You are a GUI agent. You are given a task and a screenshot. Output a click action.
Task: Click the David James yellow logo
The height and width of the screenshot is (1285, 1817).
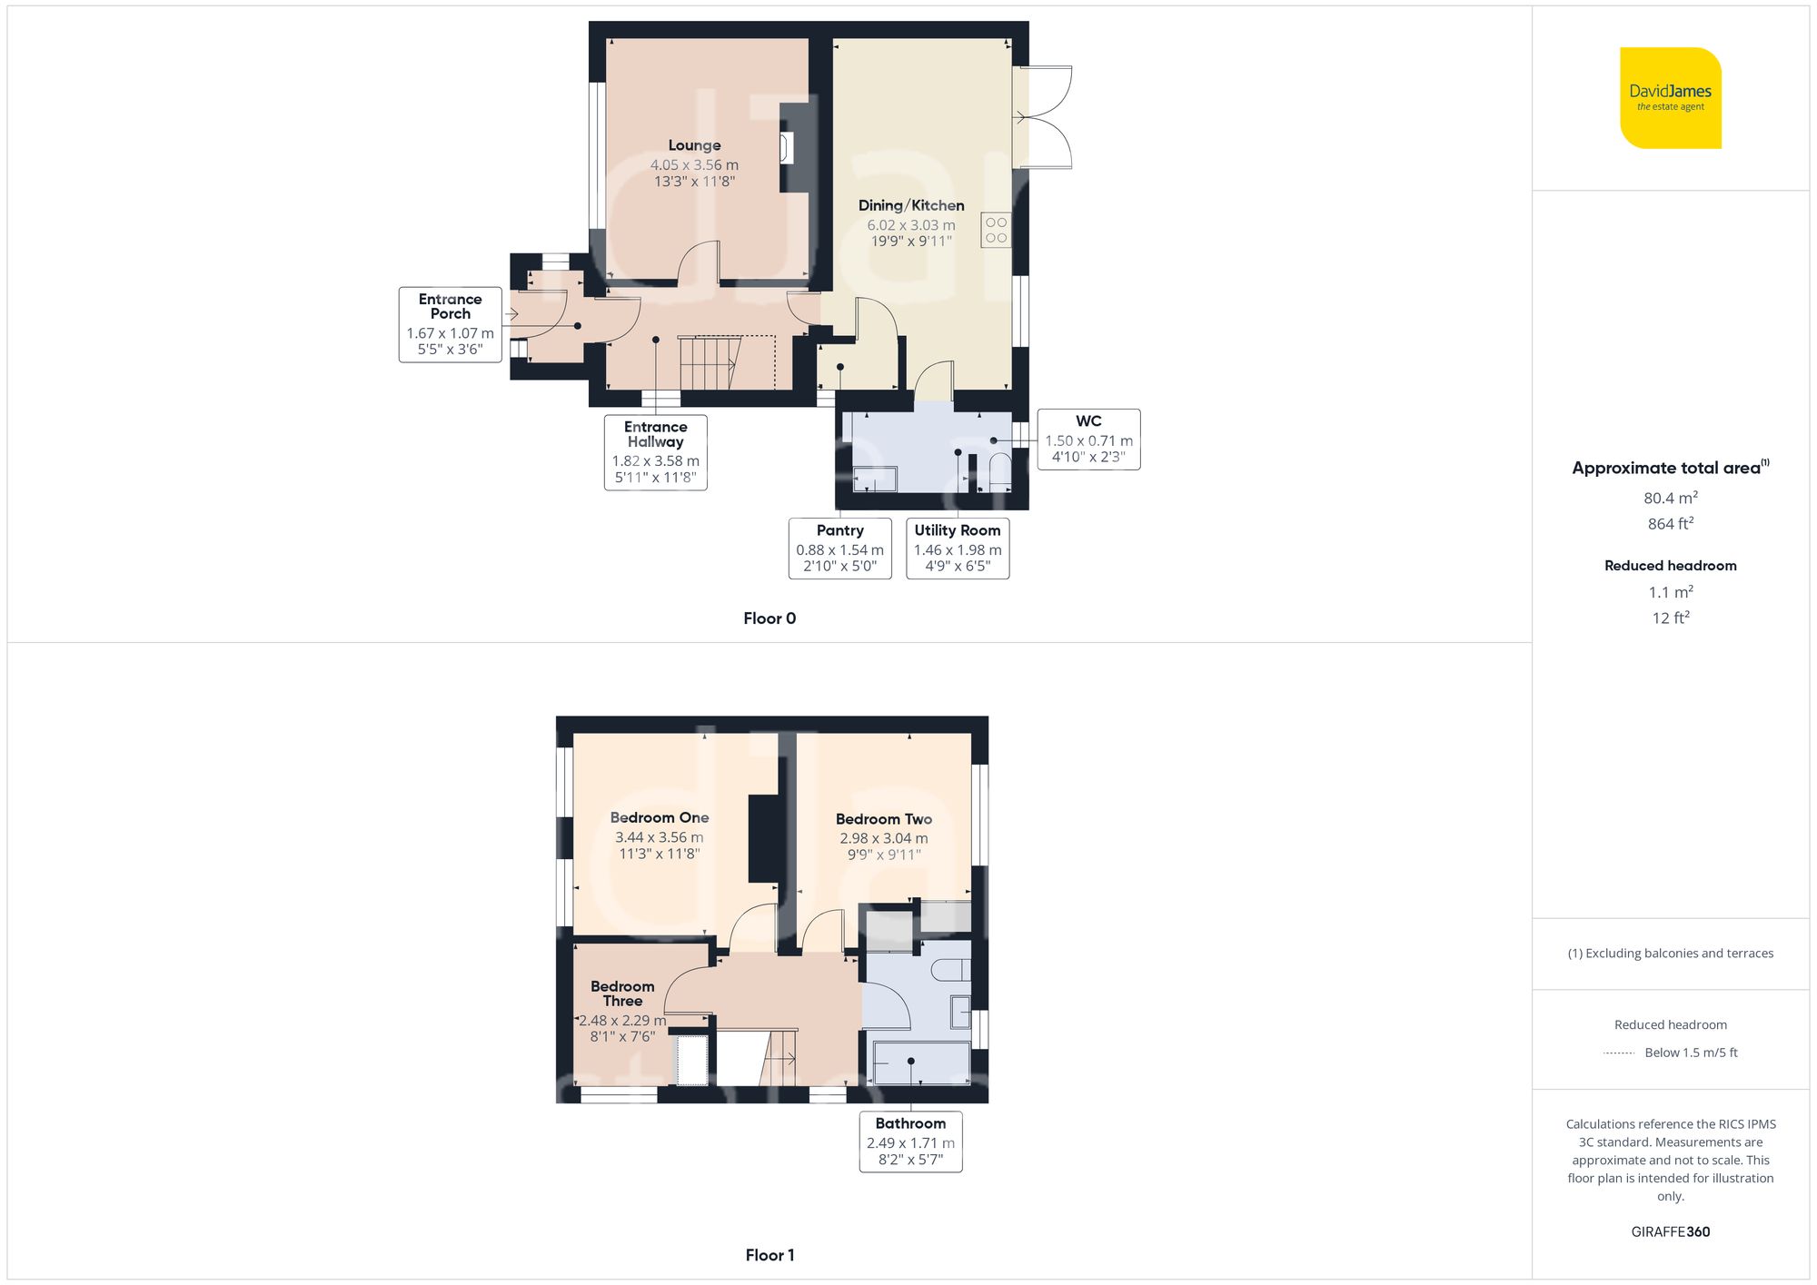(1670, 98)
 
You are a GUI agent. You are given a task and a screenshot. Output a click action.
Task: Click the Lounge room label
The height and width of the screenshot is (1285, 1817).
(694, 145)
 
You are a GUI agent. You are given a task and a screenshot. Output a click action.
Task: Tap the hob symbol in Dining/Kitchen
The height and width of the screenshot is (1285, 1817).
(996, 231)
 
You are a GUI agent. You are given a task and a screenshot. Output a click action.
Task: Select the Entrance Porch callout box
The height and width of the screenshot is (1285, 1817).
(450, 324)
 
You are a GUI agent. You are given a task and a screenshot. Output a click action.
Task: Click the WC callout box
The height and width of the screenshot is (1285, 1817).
(1088, 439)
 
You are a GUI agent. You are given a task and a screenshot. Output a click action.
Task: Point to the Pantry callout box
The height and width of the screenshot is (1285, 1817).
(839, 548)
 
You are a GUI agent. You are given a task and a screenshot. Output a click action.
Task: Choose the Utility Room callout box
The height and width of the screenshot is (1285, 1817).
(958, 548)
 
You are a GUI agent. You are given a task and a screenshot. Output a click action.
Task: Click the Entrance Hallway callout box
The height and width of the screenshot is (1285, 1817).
(655, 452)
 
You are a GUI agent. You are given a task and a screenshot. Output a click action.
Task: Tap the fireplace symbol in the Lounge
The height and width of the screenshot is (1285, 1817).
(786, 148)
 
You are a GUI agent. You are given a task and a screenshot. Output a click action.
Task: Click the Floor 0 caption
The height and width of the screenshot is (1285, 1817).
(769, 618)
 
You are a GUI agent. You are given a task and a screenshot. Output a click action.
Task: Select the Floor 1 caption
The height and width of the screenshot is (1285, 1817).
(769, 1255)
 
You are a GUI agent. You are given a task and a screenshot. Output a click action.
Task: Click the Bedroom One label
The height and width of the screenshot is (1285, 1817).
(660, 817)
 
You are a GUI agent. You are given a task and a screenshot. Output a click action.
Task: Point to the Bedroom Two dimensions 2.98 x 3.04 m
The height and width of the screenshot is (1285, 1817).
(883, 838)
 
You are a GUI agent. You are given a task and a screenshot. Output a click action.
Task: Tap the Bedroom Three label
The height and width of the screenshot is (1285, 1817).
(622, 993)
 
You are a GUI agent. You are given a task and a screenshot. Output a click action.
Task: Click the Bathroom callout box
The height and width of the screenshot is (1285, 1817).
(910, 1142)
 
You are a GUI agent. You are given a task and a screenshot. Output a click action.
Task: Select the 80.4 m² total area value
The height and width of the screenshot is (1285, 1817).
(1670, 498)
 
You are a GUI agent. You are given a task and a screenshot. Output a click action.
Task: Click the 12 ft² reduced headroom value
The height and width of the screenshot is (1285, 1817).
(1670, 618)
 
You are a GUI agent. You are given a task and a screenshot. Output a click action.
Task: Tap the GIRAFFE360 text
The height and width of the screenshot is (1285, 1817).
(1670, 1231)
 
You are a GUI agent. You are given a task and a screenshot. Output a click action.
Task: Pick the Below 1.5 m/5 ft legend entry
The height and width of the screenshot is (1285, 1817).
(1690, 1053)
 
